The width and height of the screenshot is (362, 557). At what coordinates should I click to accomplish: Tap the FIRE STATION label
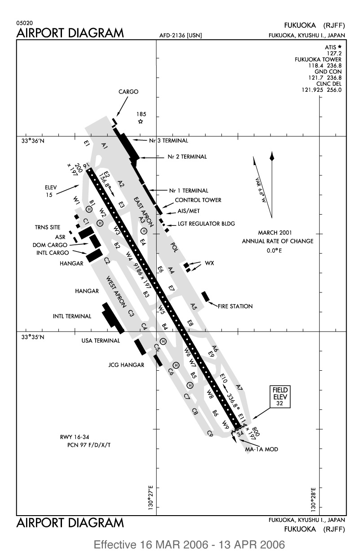pos(235,306)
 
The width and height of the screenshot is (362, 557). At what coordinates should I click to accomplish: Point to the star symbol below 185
pos(141,121)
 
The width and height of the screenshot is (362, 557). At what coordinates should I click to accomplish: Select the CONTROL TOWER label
pos(198,200)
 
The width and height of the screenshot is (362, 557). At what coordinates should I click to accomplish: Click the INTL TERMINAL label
pos(72,316)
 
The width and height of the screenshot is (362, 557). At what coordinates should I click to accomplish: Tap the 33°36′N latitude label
pos(33,141)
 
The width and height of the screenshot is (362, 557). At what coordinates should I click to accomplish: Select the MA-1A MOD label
pos(261,449)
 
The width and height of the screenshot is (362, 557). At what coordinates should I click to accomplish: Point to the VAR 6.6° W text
pos(260,190)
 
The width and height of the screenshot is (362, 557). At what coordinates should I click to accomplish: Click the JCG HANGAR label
pos(126,365)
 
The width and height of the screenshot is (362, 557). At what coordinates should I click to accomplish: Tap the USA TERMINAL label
pos(101,341)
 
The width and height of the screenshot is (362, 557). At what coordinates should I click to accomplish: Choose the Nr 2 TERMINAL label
pos(187,157)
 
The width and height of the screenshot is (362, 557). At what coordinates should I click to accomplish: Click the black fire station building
pos(205,296)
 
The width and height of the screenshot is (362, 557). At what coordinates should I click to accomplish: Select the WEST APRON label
pos(116,292)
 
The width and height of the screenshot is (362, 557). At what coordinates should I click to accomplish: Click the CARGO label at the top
pos(128,92)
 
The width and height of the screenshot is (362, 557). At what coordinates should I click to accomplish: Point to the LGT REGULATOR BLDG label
pos(206,224)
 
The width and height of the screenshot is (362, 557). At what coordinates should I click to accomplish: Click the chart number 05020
pos(25,23)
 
